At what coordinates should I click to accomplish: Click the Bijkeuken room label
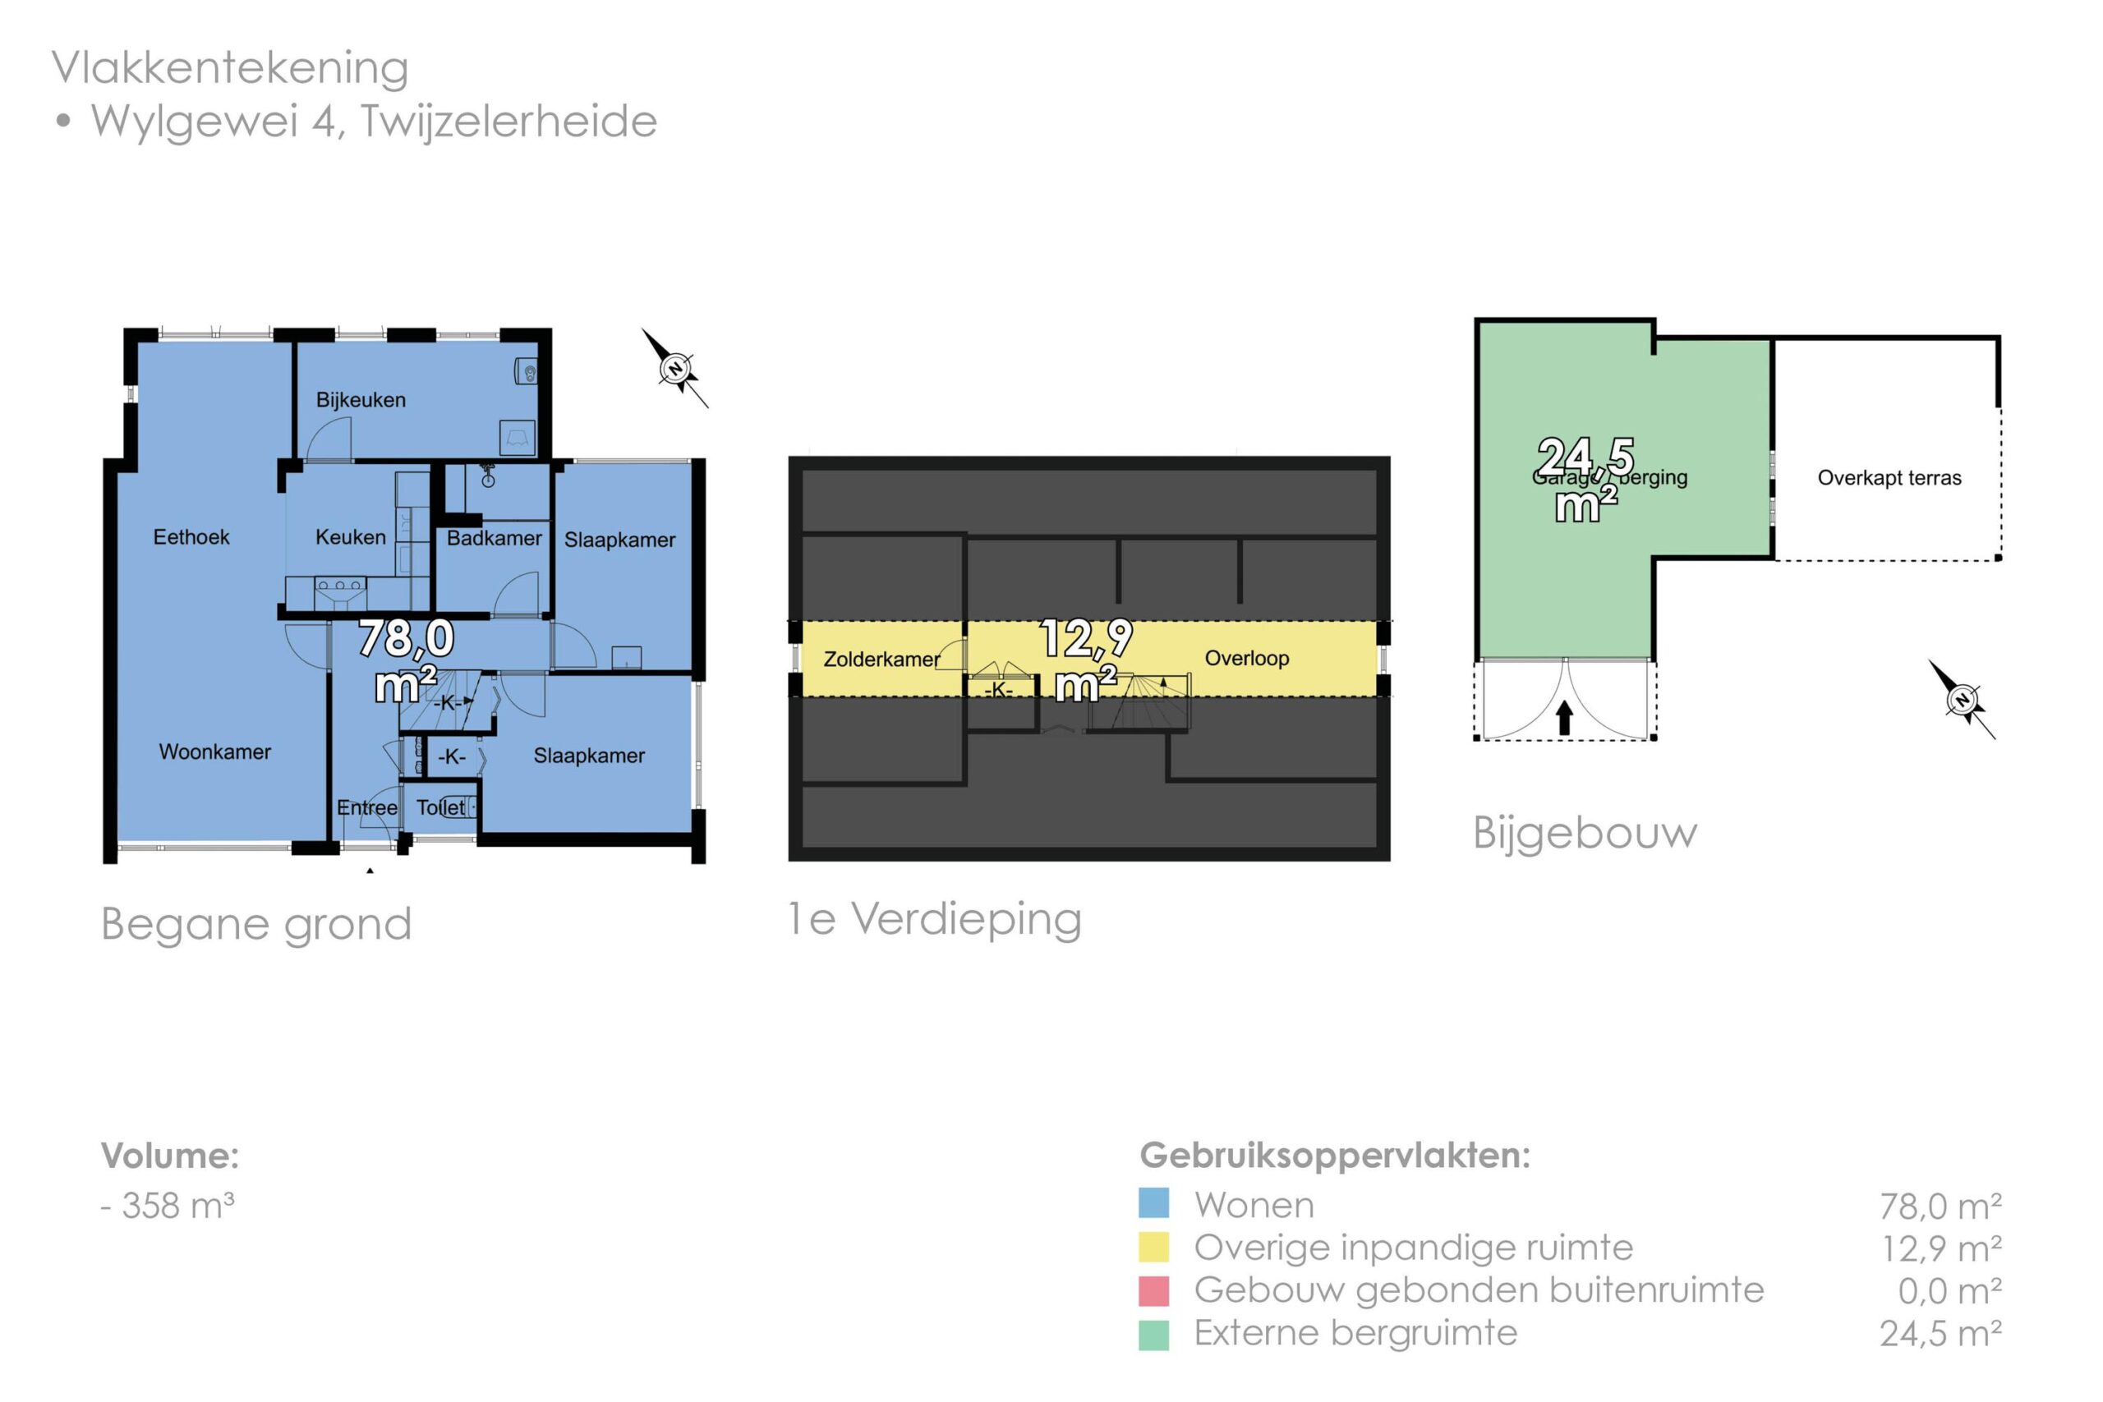tap(361, 400)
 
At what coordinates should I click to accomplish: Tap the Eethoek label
tap(191, 536)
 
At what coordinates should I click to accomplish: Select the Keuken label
tap(351, 536)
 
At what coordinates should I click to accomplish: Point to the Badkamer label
tap(494, 537)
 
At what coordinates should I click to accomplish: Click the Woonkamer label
tap(214, 751)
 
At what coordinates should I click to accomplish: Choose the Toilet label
tap(440, 807)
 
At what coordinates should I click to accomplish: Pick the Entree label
tap(366, 807)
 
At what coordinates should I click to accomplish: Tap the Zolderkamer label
tap(881, 659)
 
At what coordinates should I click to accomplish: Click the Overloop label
tap(1246, 658)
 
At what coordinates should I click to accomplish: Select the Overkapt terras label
tap(1889, 477)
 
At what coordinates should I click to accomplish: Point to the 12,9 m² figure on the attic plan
tap(1085, 660)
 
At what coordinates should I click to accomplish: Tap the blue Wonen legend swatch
tap(1153, 1202)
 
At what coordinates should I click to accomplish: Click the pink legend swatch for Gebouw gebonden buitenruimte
tap(1153, 1290)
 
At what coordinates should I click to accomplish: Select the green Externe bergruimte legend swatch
tap(1153, 1334)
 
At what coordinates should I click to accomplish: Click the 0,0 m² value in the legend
tap(1949, 1291)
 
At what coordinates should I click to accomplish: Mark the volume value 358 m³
tap(177, 1205)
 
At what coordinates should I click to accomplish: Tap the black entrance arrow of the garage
tap(1565, 717)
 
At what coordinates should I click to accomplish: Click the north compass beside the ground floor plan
tap(676, 367)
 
